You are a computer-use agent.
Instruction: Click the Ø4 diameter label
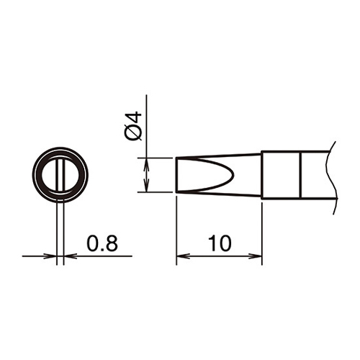pos(133,125)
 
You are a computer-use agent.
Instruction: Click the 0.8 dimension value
pos(102,243)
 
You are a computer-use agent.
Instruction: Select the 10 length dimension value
pos(220,243)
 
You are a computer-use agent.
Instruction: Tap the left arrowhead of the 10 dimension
pos(183,256)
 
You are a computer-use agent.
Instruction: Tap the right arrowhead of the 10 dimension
pos(256,256)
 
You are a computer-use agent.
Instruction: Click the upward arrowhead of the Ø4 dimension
pos(146,164)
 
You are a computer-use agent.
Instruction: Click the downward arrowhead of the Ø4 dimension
pos(146,186)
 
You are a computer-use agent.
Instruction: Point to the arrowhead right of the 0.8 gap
pos(71,256)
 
